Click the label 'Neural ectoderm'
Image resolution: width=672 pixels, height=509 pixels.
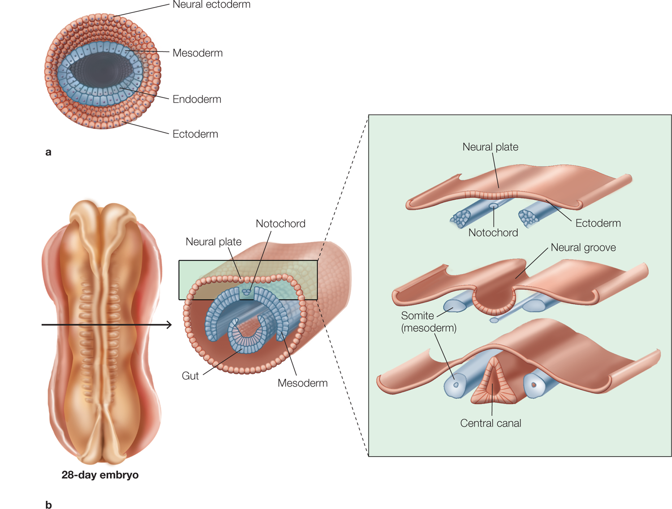tap(211, 5)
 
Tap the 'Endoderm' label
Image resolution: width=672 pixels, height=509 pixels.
tap(197, 99)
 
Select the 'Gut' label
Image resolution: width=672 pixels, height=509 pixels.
tap(190, 376)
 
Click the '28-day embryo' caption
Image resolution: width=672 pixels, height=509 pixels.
tap(100, 475)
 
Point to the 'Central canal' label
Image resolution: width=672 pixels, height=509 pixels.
tap(491, 423)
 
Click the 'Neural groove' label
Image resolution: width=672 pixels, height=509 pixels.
tap(583, 247)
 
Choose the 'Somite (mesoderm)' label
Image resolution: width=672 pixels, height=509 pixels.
tap(428, 322)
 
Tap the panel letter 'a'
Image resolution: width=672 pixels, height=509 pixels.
tap(48, 152)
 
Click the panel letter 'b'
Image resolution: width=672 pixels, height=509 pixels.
tap(48, 505)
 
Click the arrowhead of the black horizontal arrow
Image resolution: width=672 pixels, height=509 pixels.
tap(169, 324)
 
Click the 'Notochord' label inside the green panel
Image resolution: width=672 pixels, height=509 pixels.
tap(493, 233)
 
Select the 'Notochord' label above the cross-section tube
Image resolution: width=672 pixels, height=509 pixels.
tap(280, 224)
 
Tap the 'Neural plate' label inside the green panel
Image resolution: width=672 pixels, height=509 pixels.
tap(490, 147)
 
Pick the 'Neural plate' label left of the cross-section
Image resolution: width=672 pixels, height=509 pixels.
tap(213, 242)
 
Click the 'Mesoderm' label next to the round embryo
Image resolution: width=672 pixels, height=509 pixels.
tap(197, 53)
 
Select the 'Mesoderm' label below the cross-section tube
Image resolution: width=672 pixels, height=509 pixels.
tap(302, 383)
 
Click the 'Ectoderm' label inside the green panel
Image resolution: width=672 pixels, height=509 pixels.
tap(598, 223)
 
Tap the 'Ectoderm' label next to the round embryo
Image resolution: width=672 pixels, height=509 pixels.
tap(195, 134)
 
